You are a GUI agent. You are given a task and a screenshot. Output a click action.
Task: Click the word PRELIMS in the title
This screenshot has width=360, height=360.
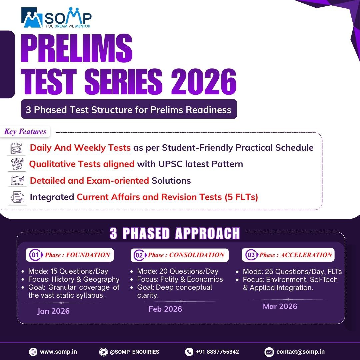(x=77, y=48)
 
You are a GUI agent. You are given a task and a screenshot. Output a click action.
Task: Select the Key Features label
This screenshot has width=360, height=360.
(x=25, y=131)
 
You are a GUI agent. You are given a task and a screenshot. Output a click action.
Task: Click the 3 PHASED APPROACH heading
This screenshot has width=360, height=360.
(x=175, y=233)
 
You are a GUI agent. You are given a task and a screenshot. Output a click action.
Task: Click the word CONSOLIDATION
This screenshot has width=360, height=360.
(x=197, y=255)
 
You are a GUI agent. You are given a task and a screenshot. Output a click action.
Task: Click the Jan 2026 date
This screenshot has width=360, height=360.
(x=54, y=311)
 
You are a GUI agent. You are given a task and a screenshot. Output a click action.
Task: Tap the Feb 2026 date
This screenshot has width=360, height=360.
(x=165, y=309)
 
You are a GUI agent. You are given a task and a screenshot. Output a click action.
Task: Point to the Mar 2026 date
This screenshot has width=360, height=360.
(x=280, y=306)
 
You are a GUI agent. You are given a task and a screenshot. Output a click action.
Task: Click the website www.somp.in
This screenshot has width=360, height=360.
(x=58, y=352)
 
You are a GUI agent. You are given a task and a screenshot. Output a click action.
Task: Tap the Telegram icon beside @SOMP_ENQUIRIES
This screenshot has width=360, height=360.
(x=104, y=352)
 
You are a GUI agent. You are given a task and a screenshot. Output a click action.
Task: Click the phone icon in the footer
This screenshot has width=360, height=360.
(x=189, y=352)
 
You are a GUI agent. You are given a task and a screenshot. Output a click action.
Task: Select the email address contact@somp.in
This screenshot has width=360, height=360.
(x=300, y=352)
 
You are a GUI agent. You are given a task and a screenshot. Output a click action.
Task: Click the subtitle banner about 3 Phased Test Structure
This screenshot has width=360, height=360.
(x=129, y=110)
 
